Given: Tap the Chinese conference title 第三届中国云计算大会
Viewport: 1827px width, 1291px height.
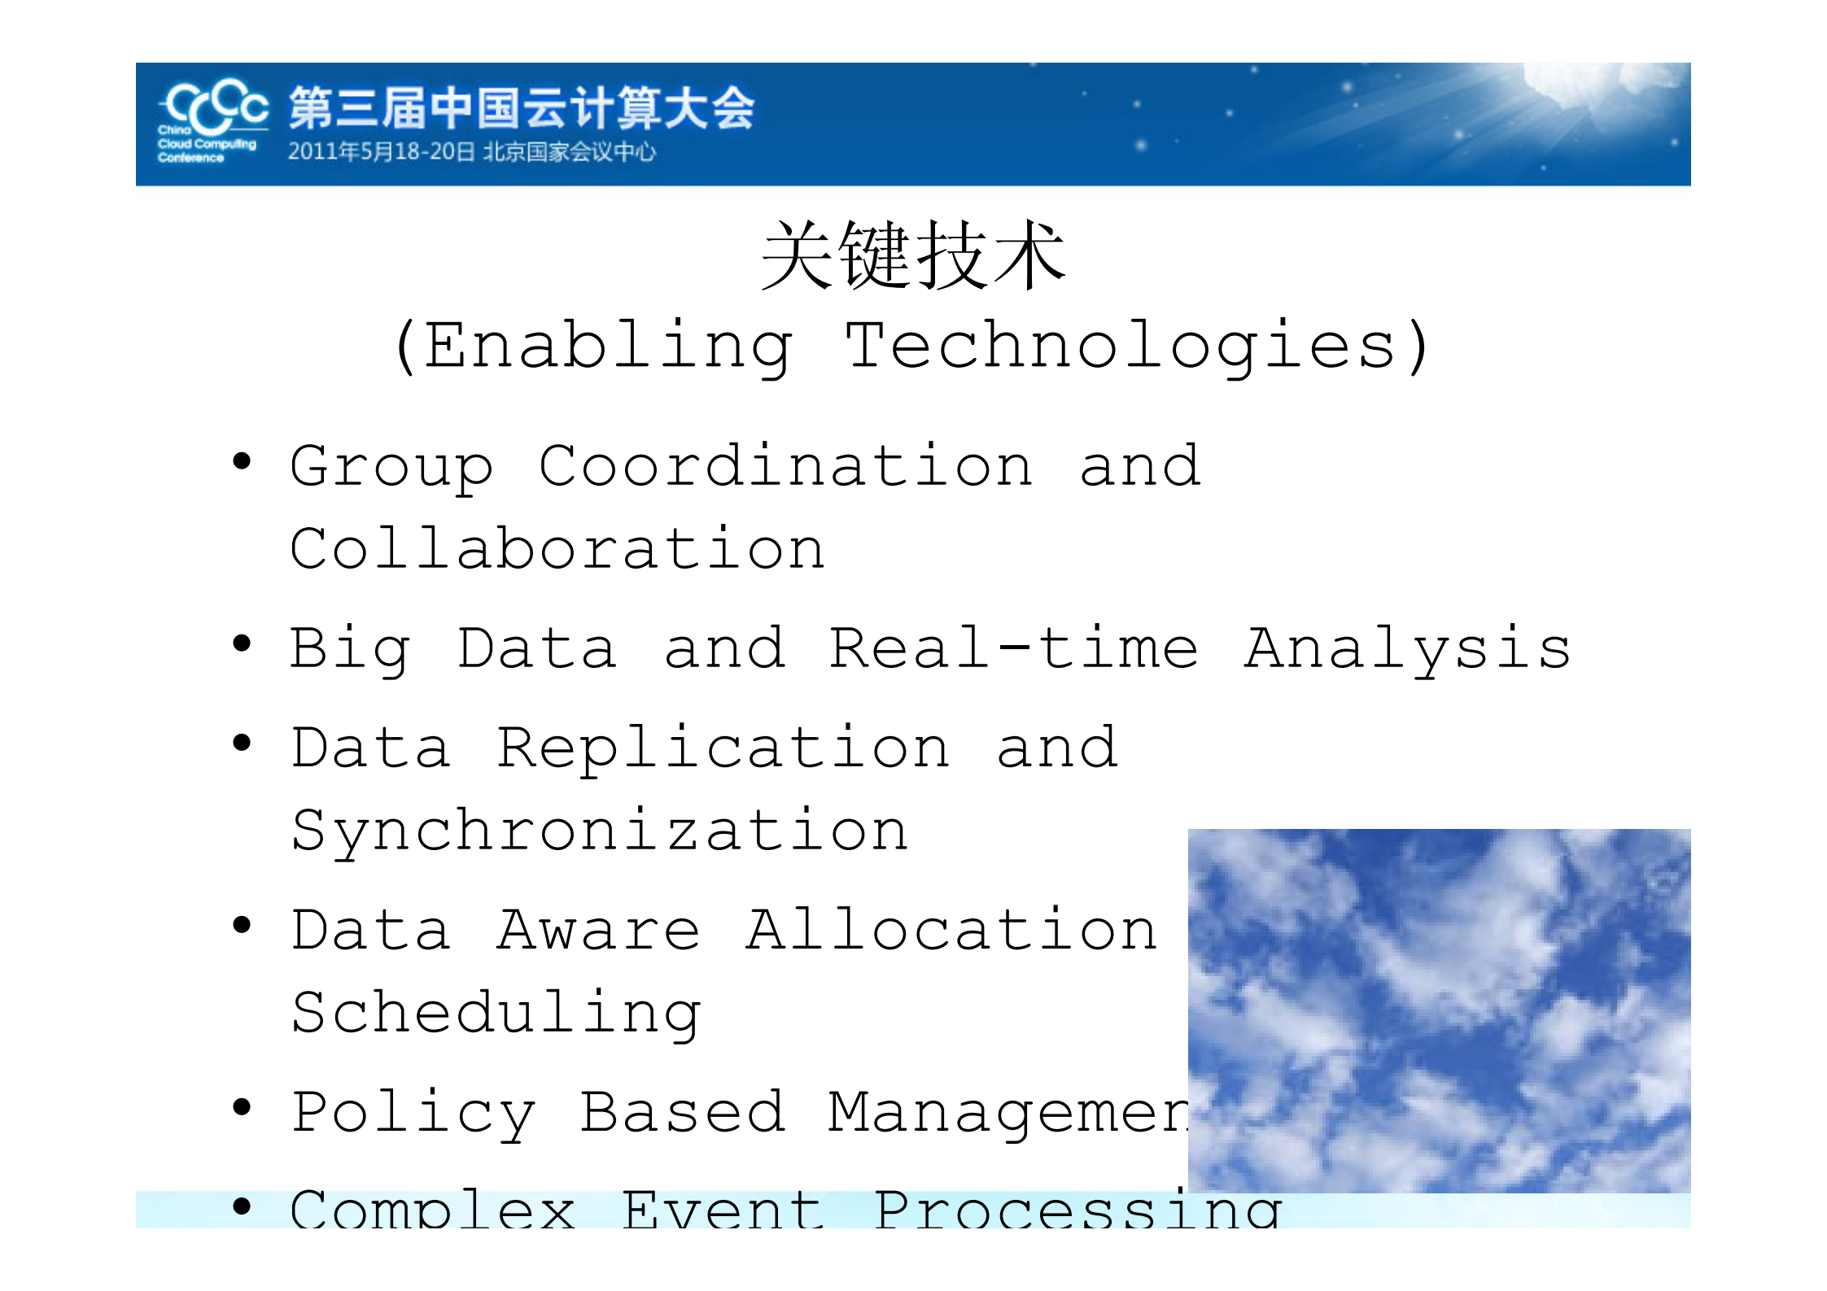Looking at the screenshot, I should [521, 108].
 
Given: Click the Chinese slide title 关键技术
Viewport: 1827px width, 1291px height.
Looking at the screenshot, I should [913, 256].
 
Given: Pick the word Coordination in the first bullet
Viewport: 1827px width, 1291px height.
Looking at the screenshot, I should [785, 467].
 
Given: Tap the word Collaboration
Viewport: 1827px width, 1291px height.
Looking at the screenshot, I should [558, 549].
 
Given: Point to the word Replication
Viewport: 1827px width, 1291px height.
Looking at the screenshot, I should [723, 748].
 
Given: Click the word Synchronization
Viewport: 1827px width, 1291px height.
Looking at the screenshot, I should [600, 831].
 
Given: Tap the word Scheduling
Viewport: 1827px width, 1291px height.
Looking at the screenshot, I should [496, 1014].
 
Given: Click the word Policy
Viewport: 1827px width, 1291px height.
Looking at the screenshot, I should [413, 1113].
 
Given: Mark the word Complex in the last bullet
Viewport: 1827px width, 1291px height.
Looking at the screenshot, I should [433, 1210].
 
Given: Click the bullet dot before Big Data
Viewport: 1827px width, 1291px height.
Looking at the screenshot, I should [242, 644].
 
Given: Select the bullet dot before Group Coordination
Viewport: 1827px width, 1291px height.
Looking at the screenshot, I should [242, 462].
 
